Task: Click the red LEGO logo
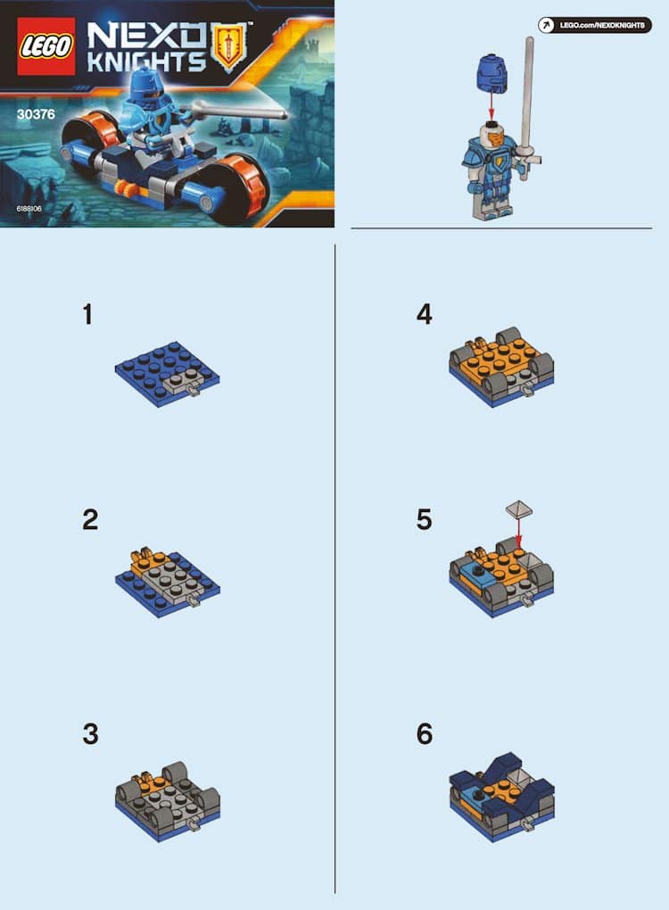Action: point(45,45)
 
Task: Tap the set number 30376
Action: point(36,114)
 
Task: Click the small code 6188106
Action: point(29,209)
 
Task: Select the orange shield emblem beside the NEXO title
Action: point(231,46)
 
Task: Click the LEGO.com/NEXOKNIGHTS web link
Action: point(595,26)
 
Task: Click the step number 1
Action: point(87,314)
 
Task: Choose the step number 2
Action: point(90,519)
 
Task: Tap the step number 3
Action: point(90,733)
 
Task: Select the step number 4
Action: point(424,314)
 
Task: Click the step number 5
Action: point(424,519)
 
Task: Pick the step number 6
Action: point(424,733)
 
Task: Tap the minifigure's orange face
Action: point(495,137)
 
